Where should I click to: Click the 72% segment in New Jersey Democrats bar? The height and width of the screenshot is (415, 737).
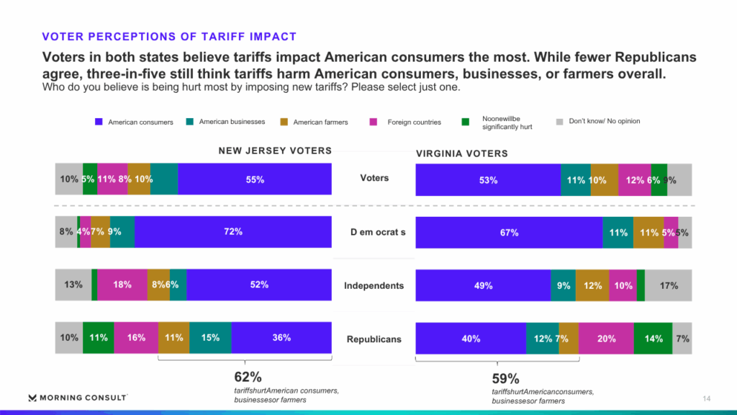pos(232,232)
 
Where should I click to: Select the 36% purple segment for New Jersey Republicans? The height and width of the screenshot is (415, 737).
pos(281,338)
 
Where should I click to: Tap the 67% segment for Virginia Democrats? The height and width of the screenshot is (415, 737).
pos(508,233)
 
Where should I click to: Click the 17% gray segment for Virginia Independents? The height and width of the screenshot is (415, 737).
pos(669,285)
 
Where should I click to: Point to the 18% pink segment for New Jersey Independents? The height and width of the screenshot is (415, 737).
pos(122,285)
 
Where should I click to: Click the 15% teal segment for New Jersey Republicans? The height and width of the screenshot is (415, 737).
pos(210,338)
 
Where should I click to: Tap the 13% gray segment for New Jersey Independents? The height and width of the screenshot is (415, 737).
pos(73,285)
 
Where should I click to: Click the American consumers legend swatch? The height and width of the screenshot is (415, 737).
pos(99,122)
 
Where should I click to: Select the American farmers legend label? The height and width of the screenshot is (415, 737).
pos(320,122)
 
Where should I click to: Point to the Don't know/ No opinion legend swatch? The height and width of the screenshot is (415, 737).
pos(559,122)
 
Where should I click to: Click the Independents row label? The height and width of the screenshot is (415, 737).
pos(374,285)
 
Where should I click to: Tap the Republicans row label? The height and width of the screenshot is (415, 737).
pos(374,339)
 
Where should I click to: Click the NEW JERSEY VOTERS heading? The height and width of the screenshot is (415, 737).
pos(275,151)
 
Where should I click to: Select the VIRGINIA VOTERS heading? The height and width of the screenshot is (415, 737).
pos(461,153)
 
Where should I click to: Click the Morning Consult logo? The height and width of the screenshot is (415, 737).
pos(77,398)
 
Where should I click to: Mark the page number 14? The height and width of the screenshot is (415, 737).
pos(706,398)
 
